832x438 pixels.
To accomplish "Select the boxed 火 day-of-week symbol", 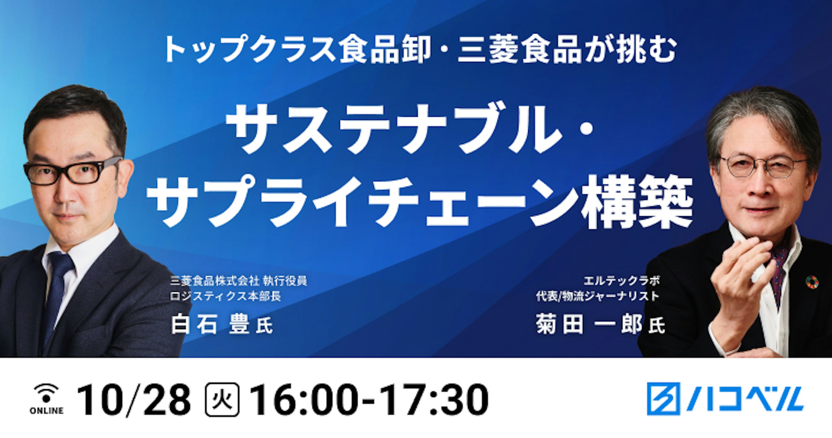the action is coord(222,400).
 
